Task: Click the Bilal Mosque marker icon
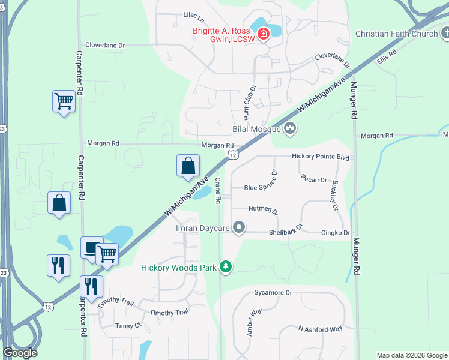(x=291, y=128)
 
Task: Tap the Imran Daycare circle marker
(x=239, y=227)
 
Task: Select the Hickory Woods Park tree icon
(x=226, y=266)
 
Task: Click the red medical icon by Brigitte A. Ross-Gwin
(x=264, y=34)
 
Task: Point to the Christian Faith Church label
(x=397, y=34)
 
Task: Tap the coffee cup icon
(x=91, y=248)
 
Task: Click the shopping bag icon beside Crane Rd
(x=188, y=165)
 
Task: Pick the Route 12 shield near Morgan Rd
(x=232, y=155)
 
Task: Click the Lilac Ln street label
(x=194, y=15)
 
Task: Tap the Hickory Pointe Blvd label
(x=320, y=156)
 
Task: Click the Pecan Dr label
(x=314, y=179)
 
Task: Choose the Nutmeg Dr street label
(x=264, y=210)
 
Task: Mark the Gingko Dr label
(x=335, y=232)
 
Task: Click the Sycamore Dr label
(x=273, y=293)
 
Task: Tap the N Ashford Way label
(x=320, y=328)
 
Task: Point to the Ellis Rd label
(x=387, y=58)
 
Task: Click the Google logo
(x=20, y=353)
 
